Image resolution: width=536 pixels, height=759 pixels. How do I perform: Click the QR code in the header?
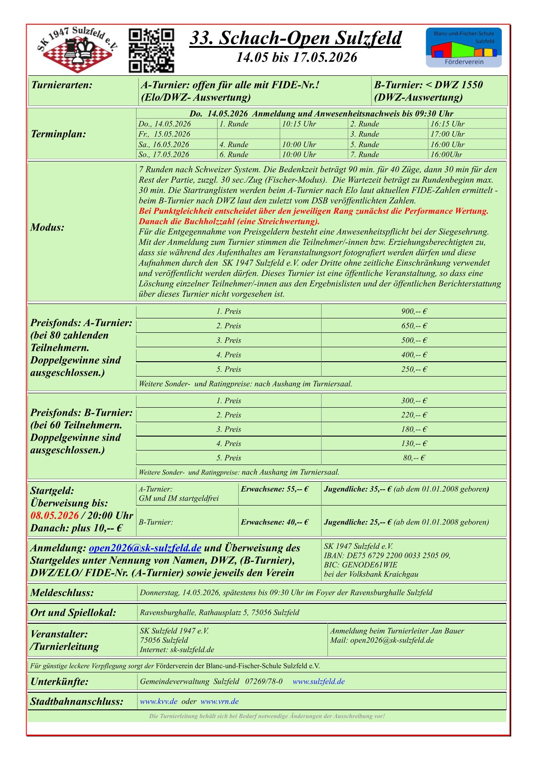tap(151, 51)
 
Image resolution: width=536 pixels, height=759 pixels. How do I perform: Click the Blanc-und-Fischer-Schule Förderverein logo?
tap(463, 48)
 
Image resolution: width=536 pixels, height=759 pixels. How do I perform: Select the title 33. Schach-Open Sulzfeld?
tap(295, 38)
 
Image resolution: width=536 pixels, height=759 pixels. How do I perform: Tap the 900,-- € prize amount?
tap(414, 312)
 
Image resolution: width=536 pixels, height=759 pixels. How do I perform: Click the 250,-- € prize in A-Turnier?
tap(414, 369)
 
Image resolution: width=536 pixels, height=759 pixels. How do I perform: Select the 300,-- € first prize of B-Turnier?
tap(414, 401)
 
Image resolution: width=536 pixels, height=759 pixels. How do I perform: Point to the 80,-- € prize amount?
tap(414, 458)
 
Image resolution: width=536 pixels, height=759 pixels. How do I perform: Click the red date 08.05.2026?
tap(55, 515)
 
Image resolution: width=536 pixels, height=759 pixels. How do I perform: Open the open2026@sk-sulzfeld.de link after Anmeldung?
tap(145, 548)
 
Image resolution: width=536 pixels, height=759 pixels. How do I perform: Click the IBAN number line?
tap(387, 556)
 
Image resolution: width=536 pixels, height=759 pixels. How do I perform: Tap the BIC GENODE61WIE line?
tap(360, 565)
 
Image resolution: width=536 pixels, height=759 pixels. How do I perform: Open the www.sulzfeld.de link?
tap(318, 681)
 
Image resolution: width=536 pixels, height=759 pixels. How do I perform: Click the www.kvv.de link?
tap(159, 702)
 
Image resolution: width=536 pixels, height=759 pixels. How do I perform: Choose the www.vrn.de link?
tap(219, 702)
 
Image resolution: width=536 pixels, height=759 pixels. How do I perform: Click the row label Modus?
tap(47, 227)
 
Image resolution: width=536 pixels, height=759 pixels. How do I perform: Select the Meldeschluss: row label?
tap(62, 593)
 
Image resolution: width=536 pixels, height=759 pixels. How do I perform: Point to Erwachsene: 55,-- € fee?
tap(275, 489)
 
